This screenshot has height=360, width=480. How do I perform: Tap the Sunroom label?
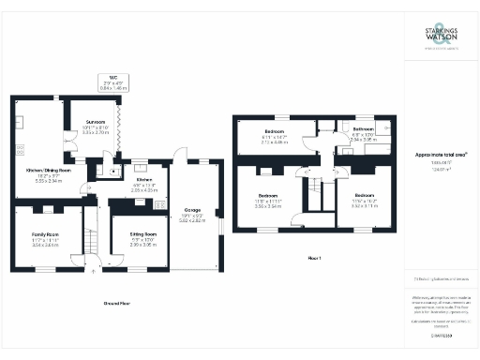pos(96,122)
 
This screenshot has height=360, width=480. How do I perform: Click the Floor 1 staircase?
pos(314,197)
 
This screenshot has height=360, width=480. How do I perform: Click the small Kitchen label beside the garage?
pos(144,178)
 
